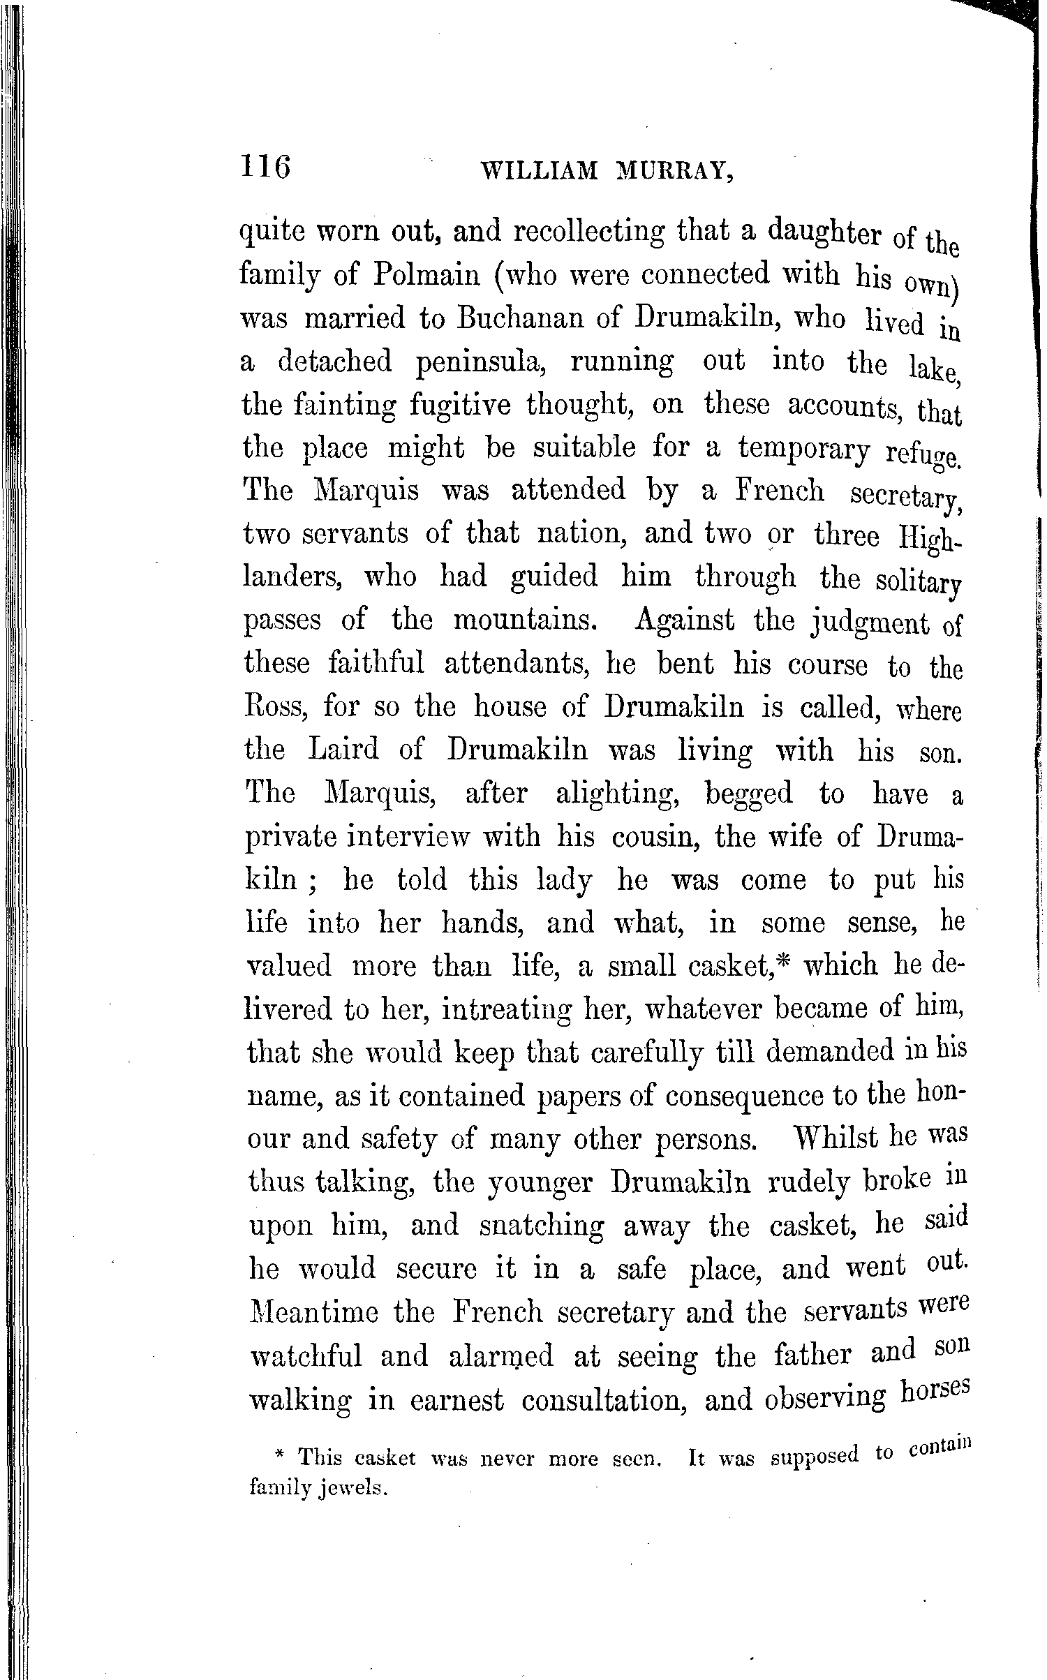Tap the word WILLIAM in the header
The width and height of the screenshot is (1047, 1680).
(540, 170)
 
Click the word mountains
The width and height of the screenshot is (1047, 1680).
(524, 620)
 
